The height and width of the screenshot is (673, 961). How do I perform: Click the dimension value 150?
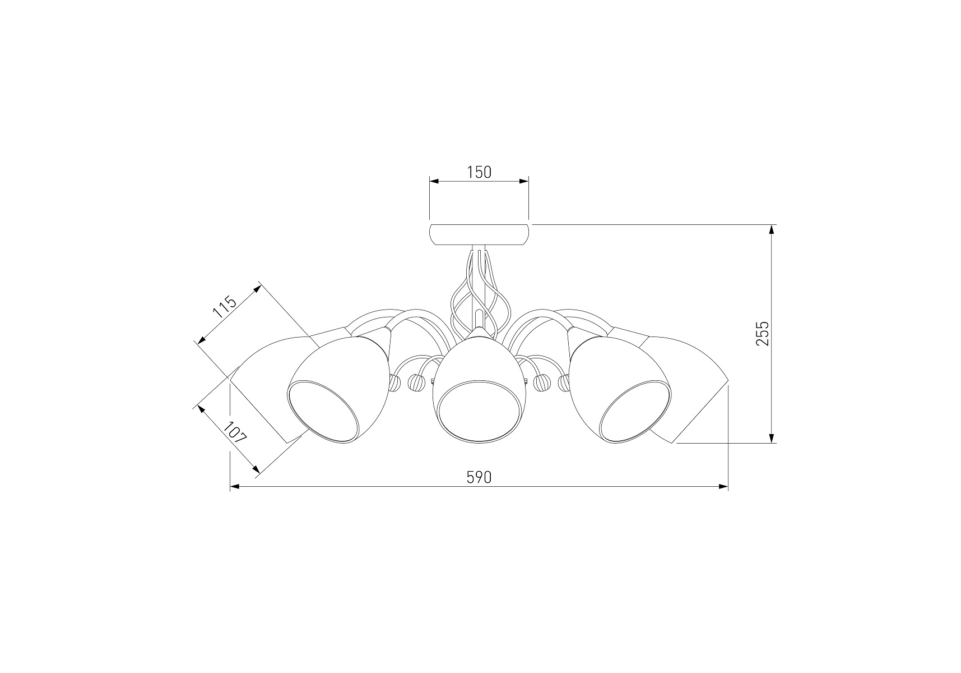tap(479, 172)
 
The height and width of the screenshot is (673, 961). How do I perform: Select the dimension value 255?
tap(763, 333)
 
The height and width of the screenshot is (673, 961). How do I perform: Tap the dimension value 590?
tap(479, 477)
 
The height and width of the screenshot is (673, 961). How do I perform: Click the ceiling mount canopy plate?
tap(479, 235)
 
